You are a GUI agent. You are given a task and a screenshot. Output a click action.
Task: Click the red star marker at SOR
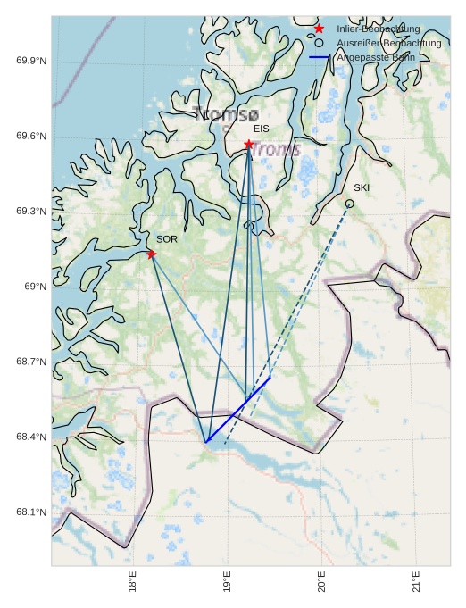(151, 254)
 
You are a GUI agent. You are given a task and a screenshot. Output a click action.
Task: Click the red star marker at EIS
(248, 144)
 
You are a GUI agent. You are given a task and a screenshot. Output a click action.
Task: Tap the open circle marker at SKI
(349, 204)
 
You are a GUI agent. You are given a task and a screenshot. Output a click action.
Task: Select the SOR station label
(167, 239)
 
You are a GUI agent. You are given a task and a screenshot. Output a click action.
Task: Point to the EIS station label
(261, 129)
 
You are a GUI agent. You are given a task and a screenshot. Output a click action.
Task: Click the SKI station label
(362, 188)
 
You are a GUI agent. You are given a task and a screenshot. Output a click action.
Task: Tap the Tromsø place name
(226, 114)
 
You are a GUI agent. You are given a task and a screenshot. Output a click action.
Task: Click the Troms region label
(276, 149)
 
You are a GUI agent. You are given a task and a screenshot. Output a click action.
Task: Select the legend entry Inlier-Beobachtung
(378, 29)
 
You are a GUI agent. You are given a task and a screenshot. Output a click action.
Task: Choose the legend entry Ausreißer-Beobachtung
(388, 43)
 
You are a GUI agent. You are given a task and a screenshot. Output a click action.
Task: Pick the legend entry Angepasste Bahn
(375, 57)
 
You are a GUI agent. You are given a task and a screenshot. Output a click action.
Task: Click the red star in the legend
(319, 29)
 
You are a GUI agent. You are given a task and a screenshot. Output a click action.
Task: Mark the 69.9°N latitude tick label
(31, 61)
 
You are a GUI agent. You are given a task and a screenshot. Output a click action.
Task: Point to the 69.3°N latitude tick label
(31, 212)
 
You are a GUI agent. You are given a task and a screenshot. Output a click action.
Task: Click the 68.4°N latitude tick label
(31, 437)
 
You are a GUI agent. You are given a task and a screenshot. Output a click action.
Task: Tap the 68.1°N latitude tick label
(31, 512)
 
